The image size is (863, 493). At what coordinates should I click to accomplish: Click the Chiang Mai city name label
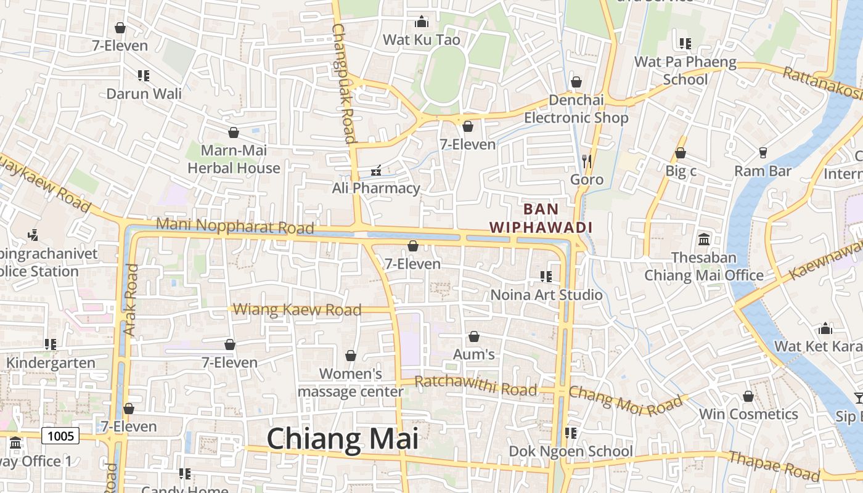click(x=343, y=439)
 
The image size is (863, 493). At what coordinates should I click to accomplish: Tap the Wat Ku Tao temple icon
click(x=422, y=22)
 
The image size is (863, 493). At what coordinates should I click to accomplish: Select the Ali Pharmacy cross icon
click(x=375, y=170)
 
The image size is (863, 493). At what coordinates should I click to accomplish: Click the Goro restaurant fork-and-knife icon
click(x=586, y=161)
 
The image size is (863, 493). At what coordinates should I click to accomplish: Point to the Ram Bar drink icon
click(x=763, y=153)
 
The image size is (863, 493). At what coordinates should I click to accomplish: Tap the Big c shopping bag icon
click(x=681, y=153)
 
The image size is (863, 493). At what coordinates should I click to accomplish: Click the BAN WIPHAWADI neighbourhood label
click(x=541, y=218)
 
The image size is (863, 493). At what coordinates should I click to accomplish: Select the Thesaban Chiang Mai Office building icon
click(x=703, y=239)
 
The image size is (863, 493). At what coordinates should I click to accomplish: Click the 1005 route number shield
click(x=61, y=436)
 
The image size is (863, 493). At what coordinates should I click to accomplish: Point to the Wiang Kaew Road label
click(x=298, y=309)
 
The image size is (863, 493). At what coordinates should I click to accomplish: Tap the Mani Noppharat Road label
click(x=235, y=226)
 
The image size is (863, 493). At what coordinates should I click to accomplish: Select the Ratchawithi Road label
click(x=475, y=386)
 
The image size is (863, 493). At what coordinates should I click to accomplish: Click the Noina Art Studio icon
click(x=546, y=277)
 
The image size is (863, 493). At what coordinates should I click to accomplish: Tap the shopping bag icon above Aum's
click(x=474, y=336)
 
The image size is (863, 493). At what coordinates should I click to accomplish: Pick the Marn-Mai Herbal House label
click(x=234, y=159)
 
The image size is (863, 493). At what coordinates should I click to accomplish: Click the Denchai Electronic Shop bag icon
click(x=576, y=82)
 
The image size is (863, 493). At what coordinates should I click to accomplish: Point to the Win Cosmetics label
click(x=748, y=414)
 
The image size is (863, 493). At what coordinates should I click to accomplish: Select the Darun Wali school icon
click(x=144, y=76)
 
